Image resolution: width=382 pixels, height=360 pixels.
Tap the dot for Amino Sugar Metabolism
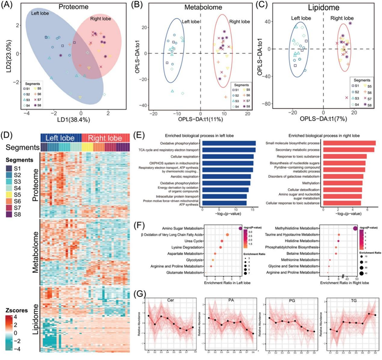240,228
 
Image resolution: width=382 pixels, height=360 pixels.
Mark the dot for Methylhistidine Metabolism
355,228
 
